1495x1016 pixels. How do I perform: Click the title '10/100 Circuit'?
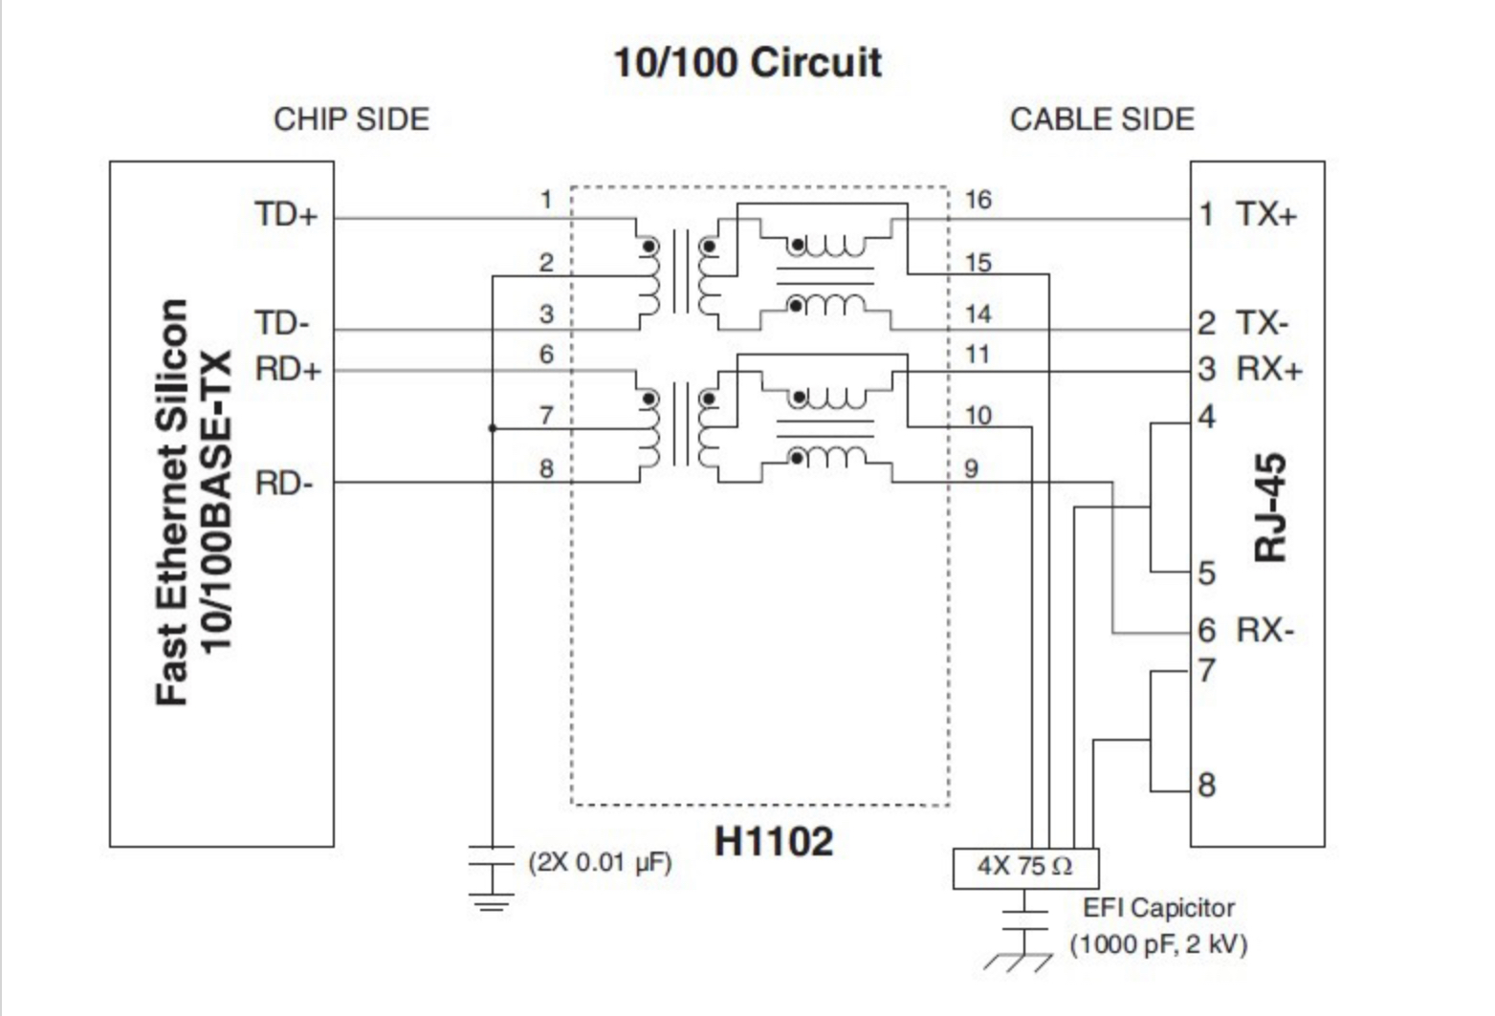point(747,63)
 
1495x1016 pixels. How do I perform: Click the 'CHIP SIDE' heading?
point(351,119)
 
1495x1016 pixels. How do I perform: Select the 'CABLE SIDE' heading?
point(1102,119)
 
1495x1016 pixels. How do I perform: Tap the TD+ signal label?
point(285,214)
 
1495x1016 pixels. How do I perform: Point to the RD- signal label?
point(284,484)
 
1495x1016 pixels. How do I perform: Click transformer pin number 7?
point(546,416)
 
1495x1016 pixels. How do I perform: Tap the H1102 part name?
point(774,841)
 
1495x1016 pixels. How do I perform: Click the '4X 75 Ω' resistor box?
point(1025,867)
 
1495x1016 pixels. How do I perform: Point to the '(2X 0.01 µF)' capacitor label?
point(601,862)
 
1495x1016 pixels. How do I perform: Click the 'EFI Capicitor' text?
point(1158,907)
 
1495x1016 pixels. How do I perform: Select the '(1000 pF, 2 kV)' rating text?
point(1158,944)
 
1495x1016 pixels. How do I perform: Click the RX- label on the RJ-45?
point(1264,630)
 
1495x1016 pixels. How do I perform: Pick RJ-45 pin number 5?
point(1207,573)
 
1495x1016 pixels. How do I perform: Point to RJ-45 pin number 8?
point(1207,786)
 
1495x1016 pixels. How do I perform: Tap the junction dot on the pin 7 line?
point(493,428)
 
